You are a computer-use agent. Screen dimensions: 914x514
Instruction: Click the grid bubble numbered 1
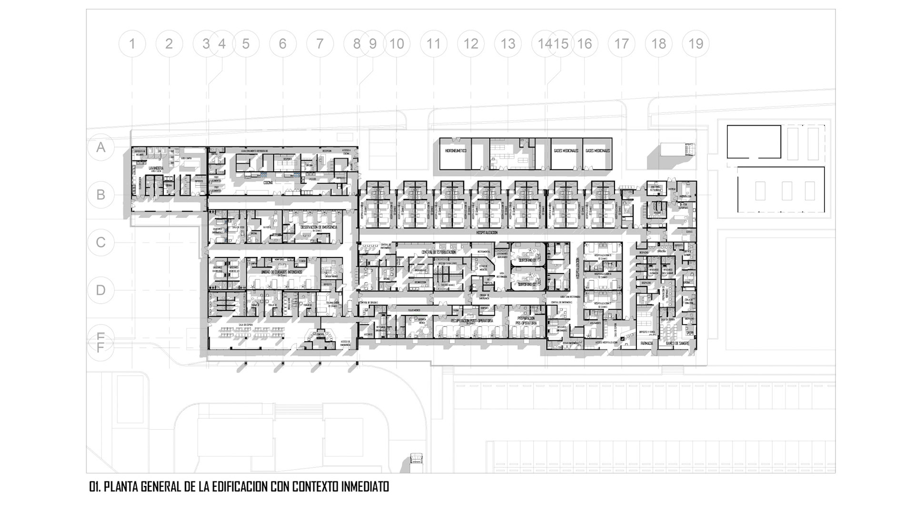coord(132,44)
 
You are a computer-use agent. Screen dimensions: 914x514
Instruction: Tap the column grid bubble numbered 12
coord(471,44)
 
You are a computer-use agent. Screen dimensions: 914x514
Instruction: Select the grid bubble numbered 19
coord(696,44)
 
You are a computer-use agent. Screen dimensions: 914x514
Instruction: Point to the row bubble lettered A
coord(101,148)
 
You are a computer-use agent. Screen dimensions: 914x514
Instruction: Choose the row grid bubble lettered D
coord(101,290)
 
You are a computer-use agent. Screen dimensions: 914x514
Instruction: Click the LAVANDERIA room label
coord(156,168)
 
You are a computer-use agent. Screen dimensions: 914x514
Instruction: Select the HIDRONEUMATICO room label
coord(455,151)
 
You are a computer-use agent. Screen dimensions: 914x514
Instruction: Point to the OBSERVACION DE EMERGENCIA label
coord(318,227)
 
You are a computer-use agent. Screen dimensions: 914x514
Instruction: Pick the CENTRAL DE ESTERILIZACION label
coord(438,252)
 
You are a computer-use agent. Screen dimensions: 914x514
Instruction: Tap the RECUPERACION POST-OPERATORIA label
coord(472,321)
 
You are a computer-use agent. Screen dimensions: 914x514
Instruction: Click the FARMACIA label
coord(646,343)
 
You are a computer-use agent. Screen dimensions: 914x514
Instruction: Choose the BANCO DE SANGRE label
coord(678,343)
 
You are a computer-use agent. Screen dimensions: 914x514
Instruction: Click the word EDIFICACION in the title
coord(240,487)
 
